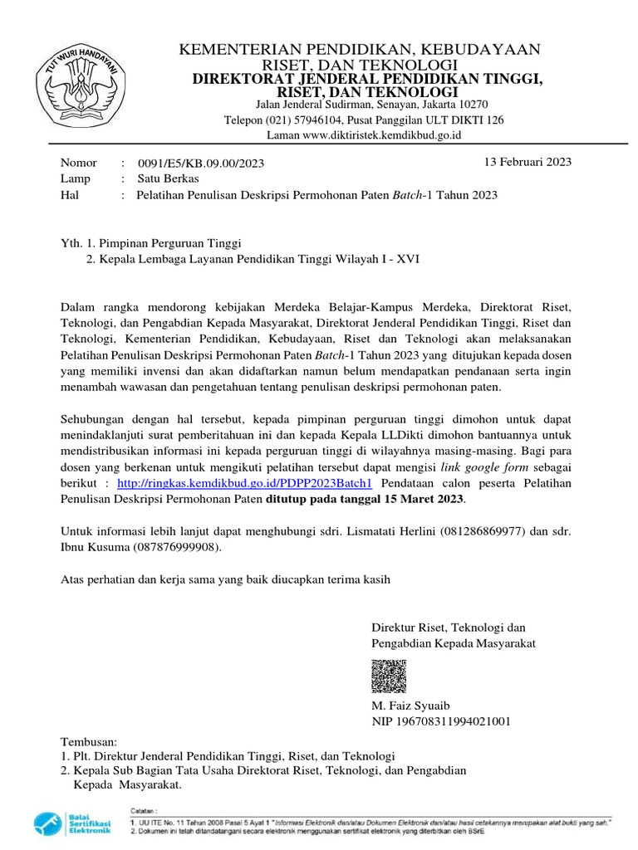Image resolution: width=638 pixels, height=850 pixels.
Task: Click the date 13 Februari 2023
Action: click(x=528, y=163)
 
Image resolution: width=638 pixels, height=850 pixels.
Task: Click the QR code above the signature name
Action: click(x=388, y=677)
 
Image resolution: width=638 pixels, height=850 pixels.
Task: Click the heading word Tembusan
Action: click(x=91, y=740)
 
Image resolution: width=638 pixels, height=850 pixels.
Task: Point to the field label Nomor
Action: click(x=79, y=163)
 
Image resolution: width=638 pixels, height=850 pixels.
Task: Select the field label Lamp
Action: click(x=76, y=178)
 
